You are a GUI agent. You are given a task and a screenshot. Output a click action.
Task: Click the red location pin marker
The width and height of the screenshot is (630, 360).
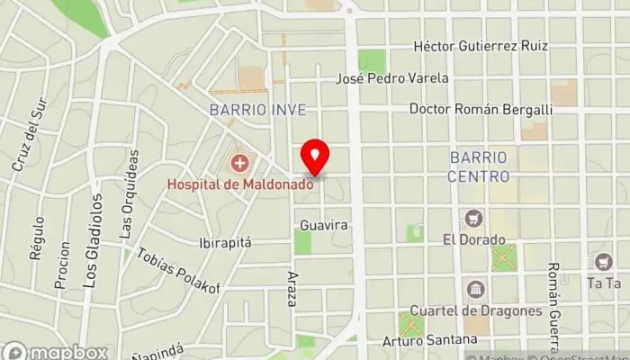[x=314, y=157]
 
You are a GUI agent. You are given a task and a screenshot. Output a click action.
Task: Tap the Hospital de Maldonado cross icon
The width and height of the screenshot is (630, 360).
[x=240, y=164]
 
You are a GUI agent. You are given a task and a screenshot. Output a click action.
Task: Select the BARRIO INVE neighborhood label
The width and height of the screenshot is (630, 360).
[x=257, y=110]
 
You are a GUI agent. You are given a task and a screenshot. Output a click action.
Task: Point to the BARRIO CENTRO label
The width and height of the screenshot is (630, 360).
[x=478, y=166]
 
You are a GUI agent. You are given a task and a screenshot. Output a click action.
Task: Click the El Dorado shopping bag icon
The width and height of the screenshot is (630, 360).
[x=473, y=219]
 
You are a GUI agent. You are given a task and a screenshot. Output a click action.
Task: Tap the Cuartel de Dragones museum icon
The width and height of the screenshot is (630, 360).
[x=475, y=290]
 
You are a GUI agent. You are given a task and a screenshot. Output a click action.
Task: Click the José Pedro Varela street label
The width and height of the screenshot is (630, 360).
[x=391, y=78]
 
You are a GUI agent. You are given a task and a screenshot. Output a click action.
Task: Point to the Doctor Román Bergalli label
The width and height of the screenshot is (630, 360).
[x=481, y=109]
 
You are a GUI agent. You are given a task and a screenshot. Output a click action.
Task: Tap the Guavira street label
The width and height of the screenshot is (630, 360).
[x=324, y=225]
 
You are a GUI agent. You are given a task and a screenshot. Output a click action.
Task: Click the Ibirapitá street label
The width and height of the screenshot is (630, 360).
[x=225, y=243]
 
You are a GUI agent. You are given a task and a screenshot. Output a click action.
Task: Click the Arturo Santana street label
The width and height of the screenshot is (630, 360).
[x=429, y=340]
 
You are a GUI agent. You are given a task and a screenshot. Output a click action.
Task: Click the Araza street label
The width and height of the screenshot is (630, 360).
[x=292, y=288]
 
